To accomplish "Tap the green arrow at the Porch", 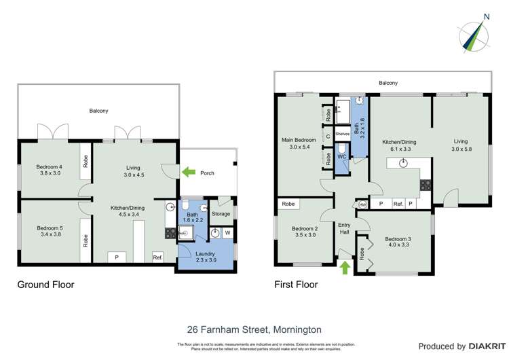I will coord(189,173).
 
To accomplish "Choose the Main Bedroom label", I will coord(299,142).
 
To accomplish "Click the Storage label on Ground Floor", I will coord(221,214).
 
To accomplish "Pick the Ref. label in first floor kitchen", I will coord(398,204).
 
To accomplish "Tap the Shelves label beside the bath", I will coord(342,134).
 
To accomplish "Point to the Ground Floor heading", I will coord(45,285).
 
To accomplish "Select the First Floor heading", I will coord(296,285).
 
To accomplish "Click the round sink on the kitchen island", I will coord(403,162).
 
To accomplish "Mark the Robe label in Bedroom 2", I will coord(288,204).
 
